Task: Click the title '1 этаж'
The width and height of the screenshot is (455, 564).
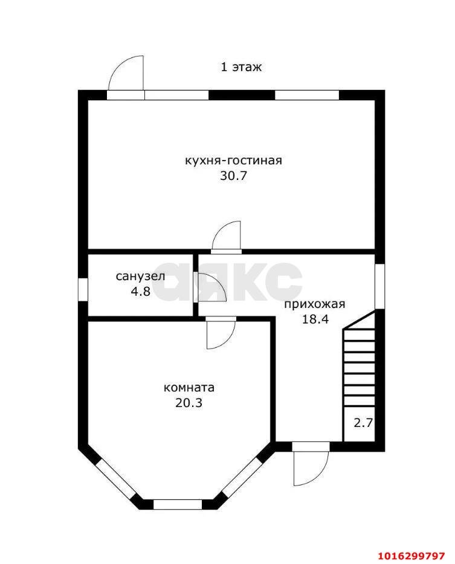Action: (x=240, y=67)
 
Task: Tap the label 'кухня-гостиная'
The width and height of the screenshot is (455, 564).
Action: (x=234, y=161)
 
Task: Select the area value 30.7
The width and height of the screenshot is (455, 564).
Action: (x=234, y=176)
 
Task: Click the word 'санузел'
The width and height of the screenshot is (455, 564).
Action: (x=140, y=277)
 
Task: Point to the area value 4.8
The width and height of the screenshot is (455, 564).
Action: (x=140, y=291)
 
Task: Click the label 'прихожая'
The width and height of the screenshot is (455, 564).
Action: (x=315, y=304)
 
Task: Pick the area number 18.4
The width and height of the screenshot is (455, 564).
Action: (x=315, y=319)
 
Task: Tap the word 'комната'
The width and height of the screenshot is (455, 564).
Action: (x=189, y=388)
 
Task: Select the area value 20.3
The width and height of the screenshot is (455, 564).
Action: (x=189, y=403)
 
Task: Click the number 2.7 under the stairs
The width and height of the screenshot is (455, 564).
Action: (x=363, y=423)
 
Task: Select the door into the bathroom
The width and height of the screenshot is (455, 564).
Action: (x=209, y=287)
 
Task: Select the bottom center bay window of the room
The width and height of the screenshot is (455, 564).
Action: (x=177, y=504)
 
